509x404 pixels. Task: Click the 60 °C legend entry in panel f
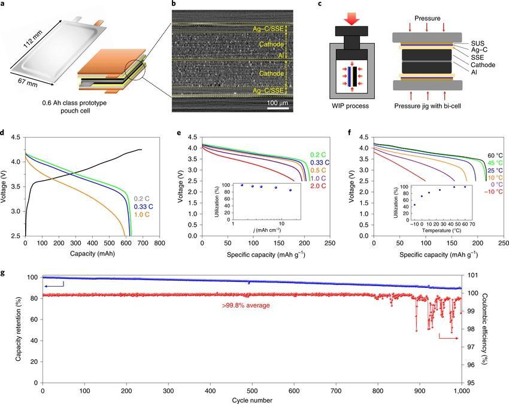point(495,155)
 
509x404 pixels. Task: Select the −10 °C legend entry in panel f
point(493,192)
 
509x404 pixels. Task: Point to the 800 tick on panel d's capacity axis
point(159,244)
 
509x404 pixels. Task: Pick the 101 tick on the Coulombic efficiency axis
point(472,275)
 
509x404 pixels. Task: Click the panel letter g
point(5,273)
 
